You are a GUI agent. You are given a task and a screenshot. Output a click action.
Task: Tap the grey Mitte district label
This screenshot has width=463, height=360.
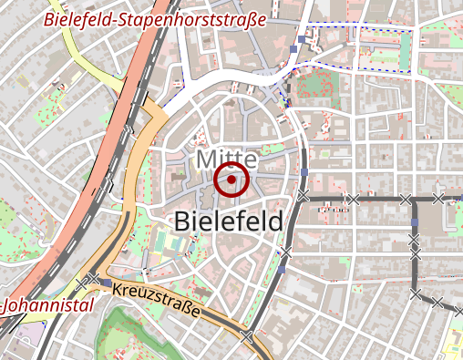click(x=226, y=160)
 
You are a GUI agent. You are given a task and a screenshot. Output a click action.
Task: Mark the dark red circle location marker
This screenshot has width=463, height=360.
click(x=232, y=181)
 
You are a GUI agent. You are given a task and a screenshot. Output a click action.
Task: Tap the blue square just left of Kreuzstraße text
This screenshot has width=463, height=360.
click(x=108, y=285)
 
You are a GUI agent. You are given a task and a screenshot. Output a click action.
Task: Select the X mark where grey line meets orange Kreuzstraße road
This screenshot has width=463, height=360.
click(x=248, y=336)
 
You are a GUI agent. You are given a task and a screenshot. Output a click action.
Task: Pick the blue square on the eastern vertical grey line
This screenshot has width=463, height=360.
click(x=415, y=221)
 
